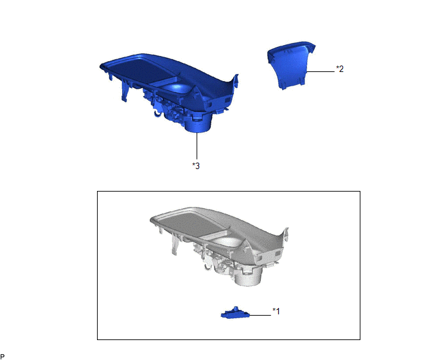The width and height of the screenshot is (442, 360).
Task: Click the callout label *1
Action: click(x=276, y=311)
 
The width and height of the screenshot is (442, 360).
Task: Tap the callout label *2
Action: click(x=340, y=69)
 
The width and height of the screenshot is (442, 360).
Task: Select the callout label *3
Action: click(x=196, y=166)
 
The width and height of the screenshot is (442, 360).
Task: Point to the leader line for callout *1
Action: click(x=260, y=315)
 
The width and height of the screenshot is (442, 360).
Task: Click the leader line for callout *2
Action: click(x=320, y=71)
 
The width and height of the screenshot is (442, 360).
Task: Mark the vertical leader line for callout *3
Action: click(x=197, y=146)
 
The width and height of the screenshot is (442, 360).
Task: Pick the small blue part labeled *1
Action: click(x=235, y=313)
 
